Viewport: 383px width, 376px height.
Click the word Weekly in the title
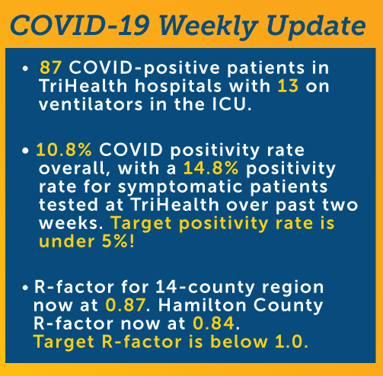click(208, 27)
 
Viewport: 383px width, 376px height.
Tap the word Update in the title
click(316, 27)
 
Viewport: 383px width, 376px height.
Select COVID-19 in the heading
click(79, 25)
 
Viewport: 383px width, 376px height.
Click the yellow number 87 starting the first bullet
click(50, 68)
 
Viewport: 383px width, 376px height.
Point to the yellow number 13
click(288, 86)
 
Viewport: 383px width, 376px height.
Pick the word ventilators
click(91, 104)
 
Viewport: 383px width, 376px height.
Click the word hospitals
click(178, 87)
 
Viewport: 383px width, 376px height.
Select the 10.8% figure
click(64, 150)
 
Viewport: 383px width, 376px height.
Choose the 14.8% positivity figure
click(211, 168)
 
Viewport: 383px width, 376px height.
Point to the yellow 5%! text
click(118, 241)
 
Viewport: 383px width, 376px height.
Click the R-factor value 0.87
click(126, 305)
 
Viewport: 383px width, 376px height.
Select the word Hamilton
click(203, 305)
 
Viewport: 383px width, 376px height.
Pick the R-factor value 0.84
click(214, 323)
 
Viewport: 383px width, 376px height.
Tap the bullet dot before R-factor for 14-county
click(25, 288)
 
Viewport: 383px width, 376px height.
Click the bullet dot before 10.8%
click(25, 151)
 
